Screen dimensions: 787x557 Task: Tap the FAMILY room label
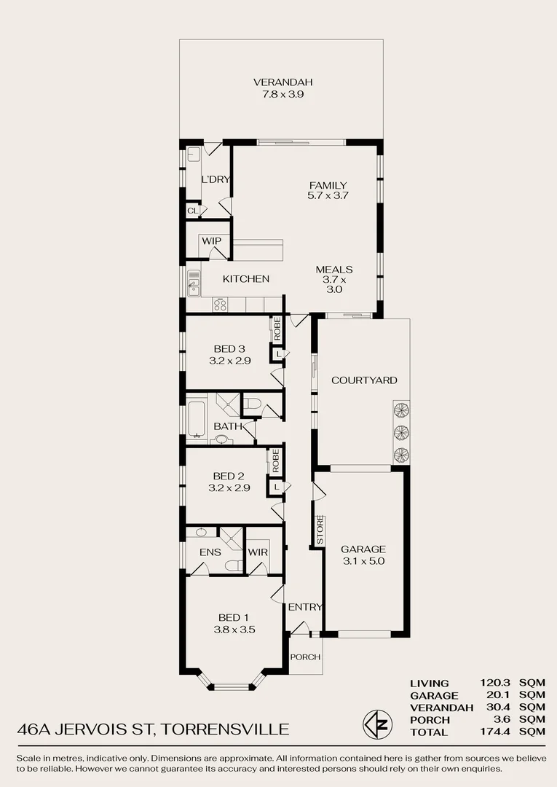click(328, 186)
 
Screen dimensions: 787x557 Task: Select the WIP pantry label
click(211, 240)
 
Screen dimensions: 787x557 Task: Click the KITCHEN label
click(245, 279)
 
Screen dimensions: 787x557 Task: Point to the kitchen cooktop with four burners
click(220, 305)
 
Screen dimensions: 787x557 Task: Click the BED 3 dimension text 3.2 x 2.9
click(230, 360)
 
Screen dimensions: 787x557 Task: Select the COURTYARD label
click(364, 380)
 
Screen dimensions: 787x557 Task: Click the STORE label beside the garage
click(320, 530)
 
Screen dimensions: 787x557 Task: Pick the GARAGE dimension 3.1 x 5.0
click(363, 561)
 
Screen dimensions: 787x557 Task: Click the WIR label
click(258, 552)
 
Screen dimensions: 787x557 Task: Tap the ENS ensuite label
click(210, 552)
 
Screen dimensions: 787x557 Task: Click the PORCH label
click(305, 657)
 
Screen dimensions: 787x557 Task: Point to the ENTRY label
click(305, 607)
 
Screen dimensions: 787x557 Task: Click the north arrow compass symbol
click(374, 724)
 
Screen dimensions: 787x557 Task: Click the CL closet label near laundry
click(193, 211)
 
